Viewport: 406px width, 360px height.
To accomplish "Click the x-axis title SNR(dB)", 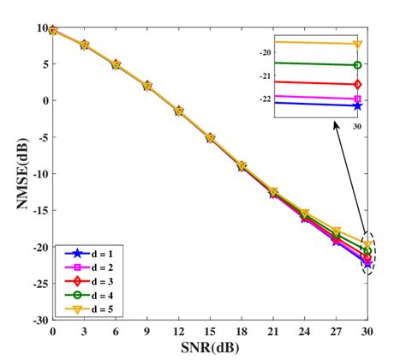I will (x=210, y=347).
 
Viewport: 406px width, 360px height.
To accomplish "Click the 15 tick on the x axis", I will (x=211, y=331).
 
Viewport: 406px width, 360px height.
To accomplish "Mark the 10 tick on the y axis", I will (x=42, y=28).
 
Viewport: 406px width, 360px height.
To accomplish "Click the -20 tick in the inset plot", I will (x=266, y=52).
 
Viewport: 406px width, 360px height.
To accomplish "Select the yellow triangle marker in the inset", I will (x=357, y=44).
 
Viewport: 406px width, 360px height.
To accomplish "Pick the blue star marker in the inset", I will (x=357, y=105).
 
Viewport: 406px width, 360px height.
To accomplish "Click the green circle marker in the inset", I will (x=357, y=65).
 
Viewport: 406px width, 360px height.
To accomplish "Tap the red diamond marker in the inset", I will (x=357, y=84).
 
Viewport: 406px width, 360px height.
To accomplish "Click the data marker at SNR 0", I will (x=53, y=30).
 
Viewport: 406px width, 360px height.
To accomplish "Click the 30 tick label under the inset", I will (x=357, y=123).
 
